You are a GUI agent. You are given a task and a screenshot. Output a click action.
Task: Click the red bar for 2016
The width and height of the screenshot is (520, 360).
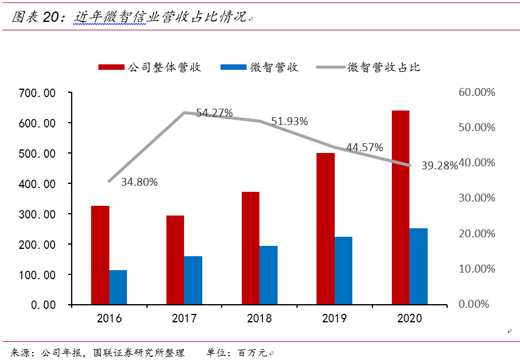tap(100, 255)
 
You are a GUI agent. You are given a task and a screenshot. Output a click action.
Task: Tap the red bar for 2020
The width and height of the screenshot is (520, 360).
tap(400, 207)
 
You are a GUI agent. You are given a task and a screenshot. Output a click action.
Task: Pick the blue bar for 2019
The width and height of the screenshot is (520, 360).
tap(343, 270)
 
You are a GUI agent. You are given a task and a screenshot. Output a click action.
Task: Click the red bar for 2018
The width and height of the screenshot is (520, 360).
tap(250, 248)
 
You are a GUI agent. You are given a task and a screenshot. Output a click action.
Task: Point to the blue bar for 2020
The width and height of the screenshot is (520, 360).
tap(418, 266)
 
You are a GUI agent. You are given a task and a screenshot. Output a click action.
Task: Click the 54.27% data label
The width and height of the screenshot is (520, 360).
tap(214, 113)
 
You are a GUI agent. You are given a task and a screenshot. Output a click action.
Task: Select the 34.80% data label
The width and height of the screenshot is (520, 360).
tap(139, 182)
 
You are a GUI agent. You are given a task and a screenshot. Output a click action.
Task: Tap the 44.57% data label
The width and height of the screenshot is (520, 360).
tap(364, 148)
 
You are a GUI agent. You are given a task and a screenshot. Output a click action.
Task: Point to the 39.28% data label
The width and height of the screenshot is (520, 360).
tap(439, 166)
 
